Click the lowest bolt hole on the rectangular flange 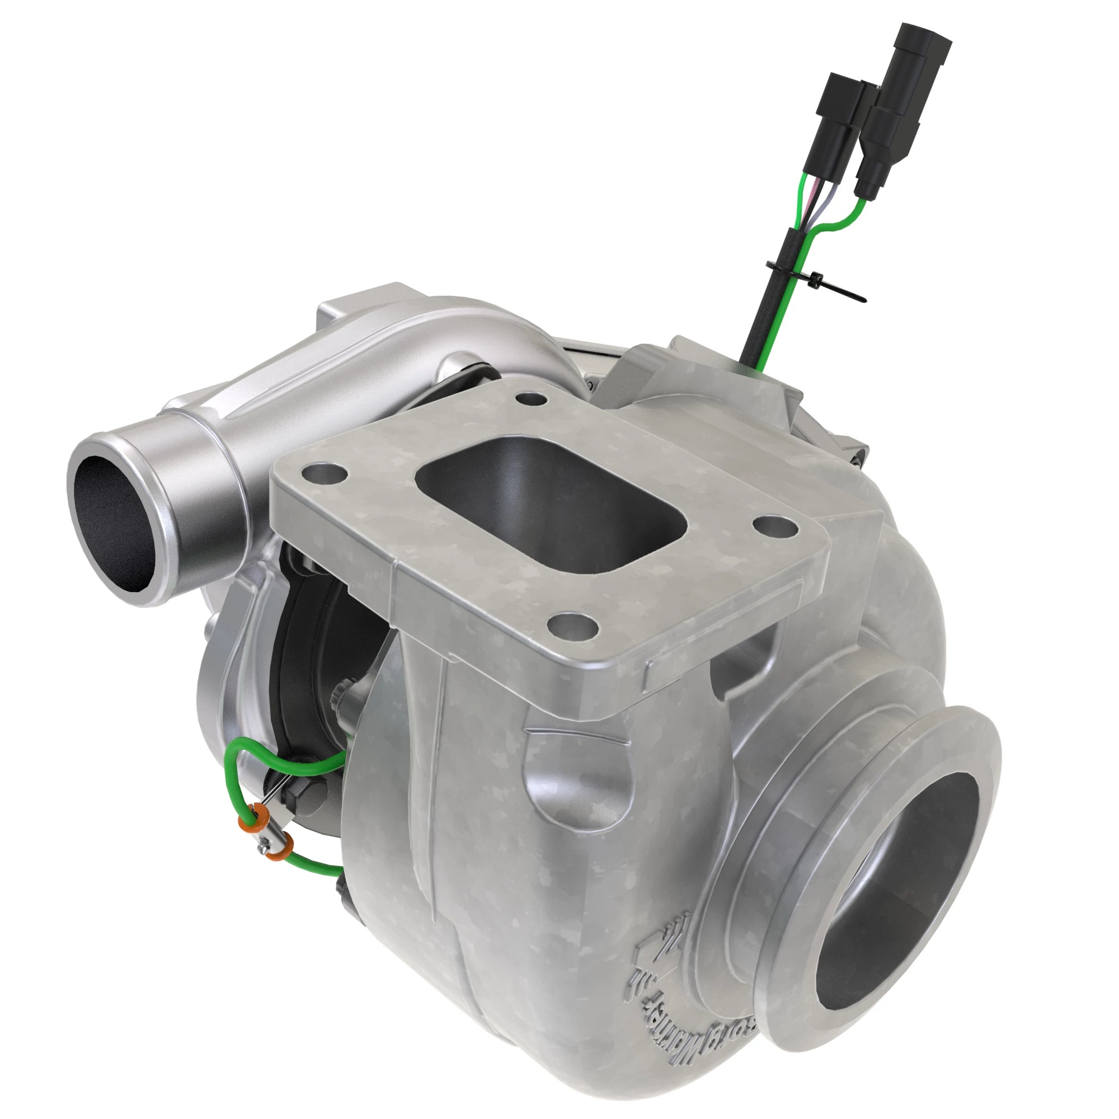[x=572, y=626]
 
